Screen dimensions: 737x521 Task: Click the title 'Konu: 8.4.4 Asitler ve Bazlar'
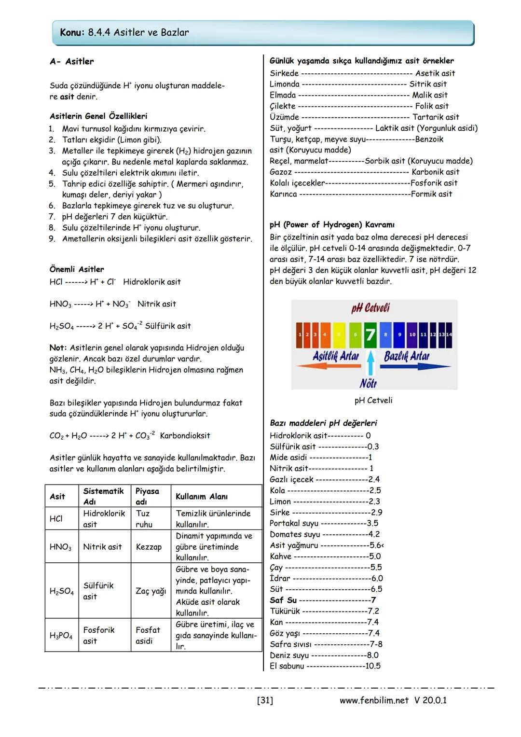coord(124,32)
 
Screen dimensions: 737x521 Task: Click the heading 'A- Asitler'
coord(72,61)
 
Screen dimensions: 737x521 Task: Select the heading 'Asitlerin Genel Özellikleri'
coord(98,116)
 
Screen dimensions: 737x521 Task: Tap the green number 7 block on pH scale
coord(370,334)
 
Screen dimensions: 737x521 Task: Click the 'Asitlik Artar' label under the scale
coord(336,356)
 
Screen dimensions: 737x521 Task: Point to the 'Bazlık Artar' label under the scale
coord(406,356)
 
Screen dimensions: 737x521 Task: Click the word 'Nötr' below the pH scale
coord(368,383)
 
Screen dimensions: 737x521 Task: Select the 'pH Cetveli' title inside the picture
coord(370,308)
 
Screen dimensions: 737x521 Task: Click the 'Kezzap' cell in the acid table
coord(149,547)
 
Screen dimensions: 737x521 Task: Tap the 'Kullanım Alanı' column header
coord(202,496)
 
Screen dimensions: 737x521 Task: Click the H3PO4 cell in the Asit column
coord(61,636)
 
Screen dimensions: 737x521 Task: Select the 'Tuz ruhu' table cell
coord(143,519)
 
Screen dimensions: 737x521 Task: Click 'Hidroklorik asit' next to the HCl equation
coord(152,281)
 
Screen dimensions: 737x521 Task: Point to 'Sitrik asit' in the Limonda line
coord(428,84)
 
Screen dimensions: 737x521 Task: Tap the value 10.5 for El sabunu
coord(372,666)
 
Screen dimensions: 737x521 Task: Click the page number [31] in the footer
coord(265,700)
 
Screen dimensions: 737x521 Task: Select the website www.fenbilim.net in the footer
coord(374,700)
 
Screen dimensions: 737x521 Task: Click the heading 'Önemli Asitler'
coord(77,269)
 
